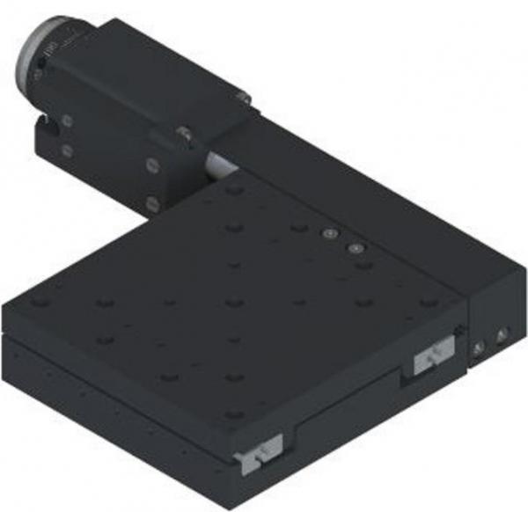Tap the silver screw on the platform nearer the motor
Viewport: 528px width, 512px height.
tap(330, 234)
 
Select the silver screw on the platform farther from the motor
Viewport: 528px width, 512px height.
tap(355, 249)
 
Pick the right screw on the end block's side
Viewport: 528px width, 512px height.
tap(502, 335)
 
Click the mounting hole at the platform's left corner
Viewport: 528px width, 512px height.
tap(38, 304)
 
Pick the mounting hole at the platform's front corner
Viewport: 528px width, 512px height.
tap(232, 414)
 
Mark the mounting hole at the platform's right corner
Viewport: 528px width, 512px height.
tap(429, 304)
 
